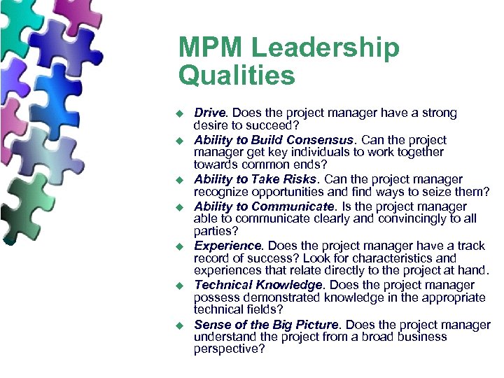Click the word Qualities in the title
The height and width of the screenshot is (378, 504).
pyautogui.click(x=237, y=75)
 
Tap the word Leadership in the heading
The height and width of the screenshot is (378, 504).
pyautogui.click(x=325, y=48)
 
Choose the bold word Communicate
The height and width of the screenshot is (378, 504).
pyautogui.click(x=293, y=206)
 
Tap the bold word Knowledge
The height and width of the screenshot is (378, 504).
pyautogui.click(x=290, y=286)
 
